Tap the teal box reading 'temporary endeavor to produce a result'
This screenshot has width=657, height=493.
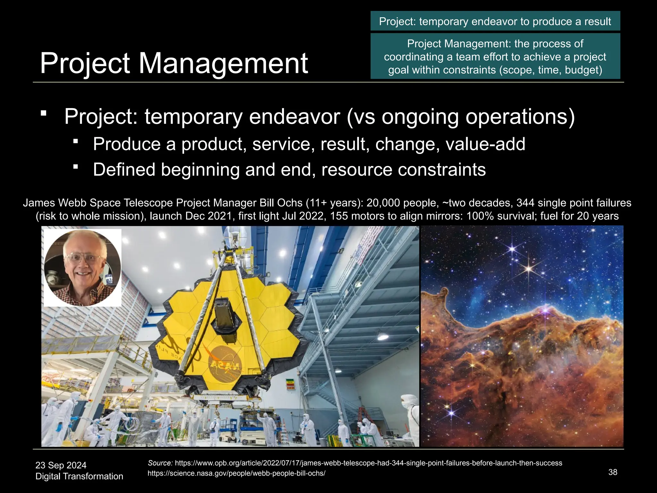click(x=495, y=22)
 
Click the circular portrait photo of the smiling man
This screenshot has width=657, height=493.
click(x=82, y=268)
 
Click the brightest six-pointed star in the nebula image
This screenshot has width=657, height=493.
click(x=529, y=268)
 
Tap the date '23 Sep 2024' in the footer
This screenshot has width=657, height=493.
click(x=61, y=465)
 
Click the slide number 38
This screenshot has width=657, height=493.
click(x=612, y=472)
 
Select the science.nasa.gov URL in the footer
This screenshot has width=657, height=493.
click(x=236, y=473)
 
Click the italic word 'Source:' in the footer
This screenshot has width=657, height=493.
click(x=160, y=463)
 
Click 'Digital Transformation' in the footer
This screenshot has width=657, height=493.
click(x=79, y=476)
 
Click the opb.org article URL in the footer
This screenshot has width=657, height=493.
click(x=368, y=463)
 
